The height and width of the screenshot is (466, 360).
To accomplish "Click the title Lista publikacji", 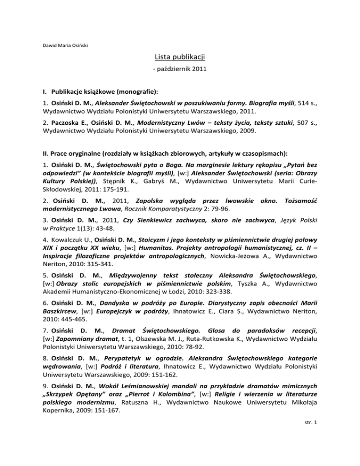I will (x=180, y=58).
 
